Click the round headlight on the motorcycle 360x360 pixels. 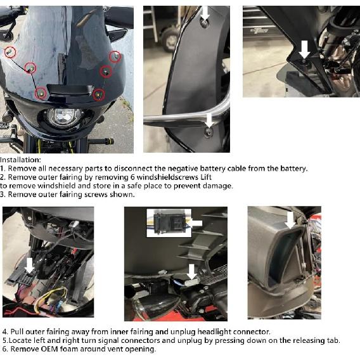(65, 119)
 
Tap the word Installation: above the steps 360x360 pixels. (20, 160)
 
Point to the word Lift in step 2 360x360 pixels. (206, 177)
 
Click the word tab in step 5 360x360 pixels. (333, 340)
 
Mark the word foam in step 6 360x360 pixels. (68, 349)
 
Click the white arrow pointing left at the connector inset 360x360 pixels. (195, 223)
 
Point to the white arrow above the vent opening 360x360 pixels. (291, 220)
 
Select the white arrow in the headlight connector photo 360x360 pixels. (29, 266)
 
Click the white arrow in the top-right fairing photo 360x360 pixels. (304, 49)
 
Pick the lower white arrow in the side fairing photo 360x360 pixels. (209, 120)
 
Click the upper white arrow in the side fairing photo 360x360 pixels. (205, 13)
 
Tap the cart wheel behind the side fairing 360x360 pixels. (169, 40)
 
